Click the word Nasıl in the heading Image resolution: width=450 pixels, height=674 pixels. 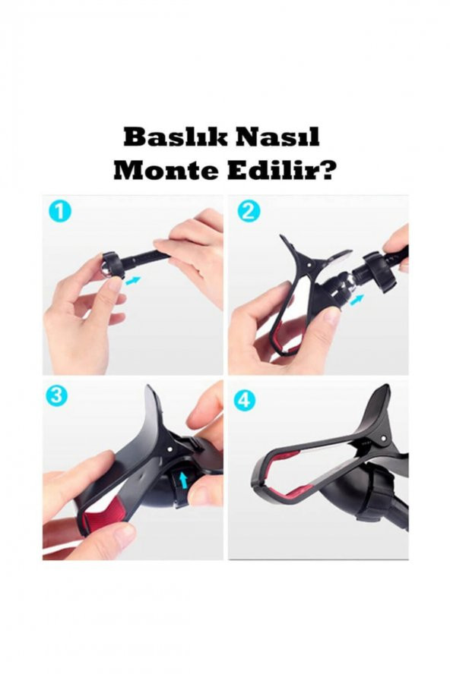point(280,137)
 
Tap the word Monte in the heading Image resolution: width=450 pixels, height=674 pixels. point(165,172)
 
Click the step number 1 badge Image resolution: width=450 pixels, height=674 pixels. point(60,212)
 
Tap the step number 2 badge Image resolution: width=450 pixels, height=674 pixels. point(247,212)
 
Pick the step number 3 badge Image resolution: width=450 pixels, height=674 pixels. point(56,396)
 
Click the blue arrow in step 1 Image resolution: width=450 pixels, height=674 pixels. point(134,281)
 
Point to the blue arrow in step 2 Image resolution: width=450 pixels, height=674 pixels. point(357,299)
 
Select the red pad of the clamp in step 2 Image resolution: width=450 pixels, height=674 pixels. point(280,338)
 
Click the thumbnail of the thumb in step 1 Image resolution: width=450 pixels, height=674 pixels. point(114,284)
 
